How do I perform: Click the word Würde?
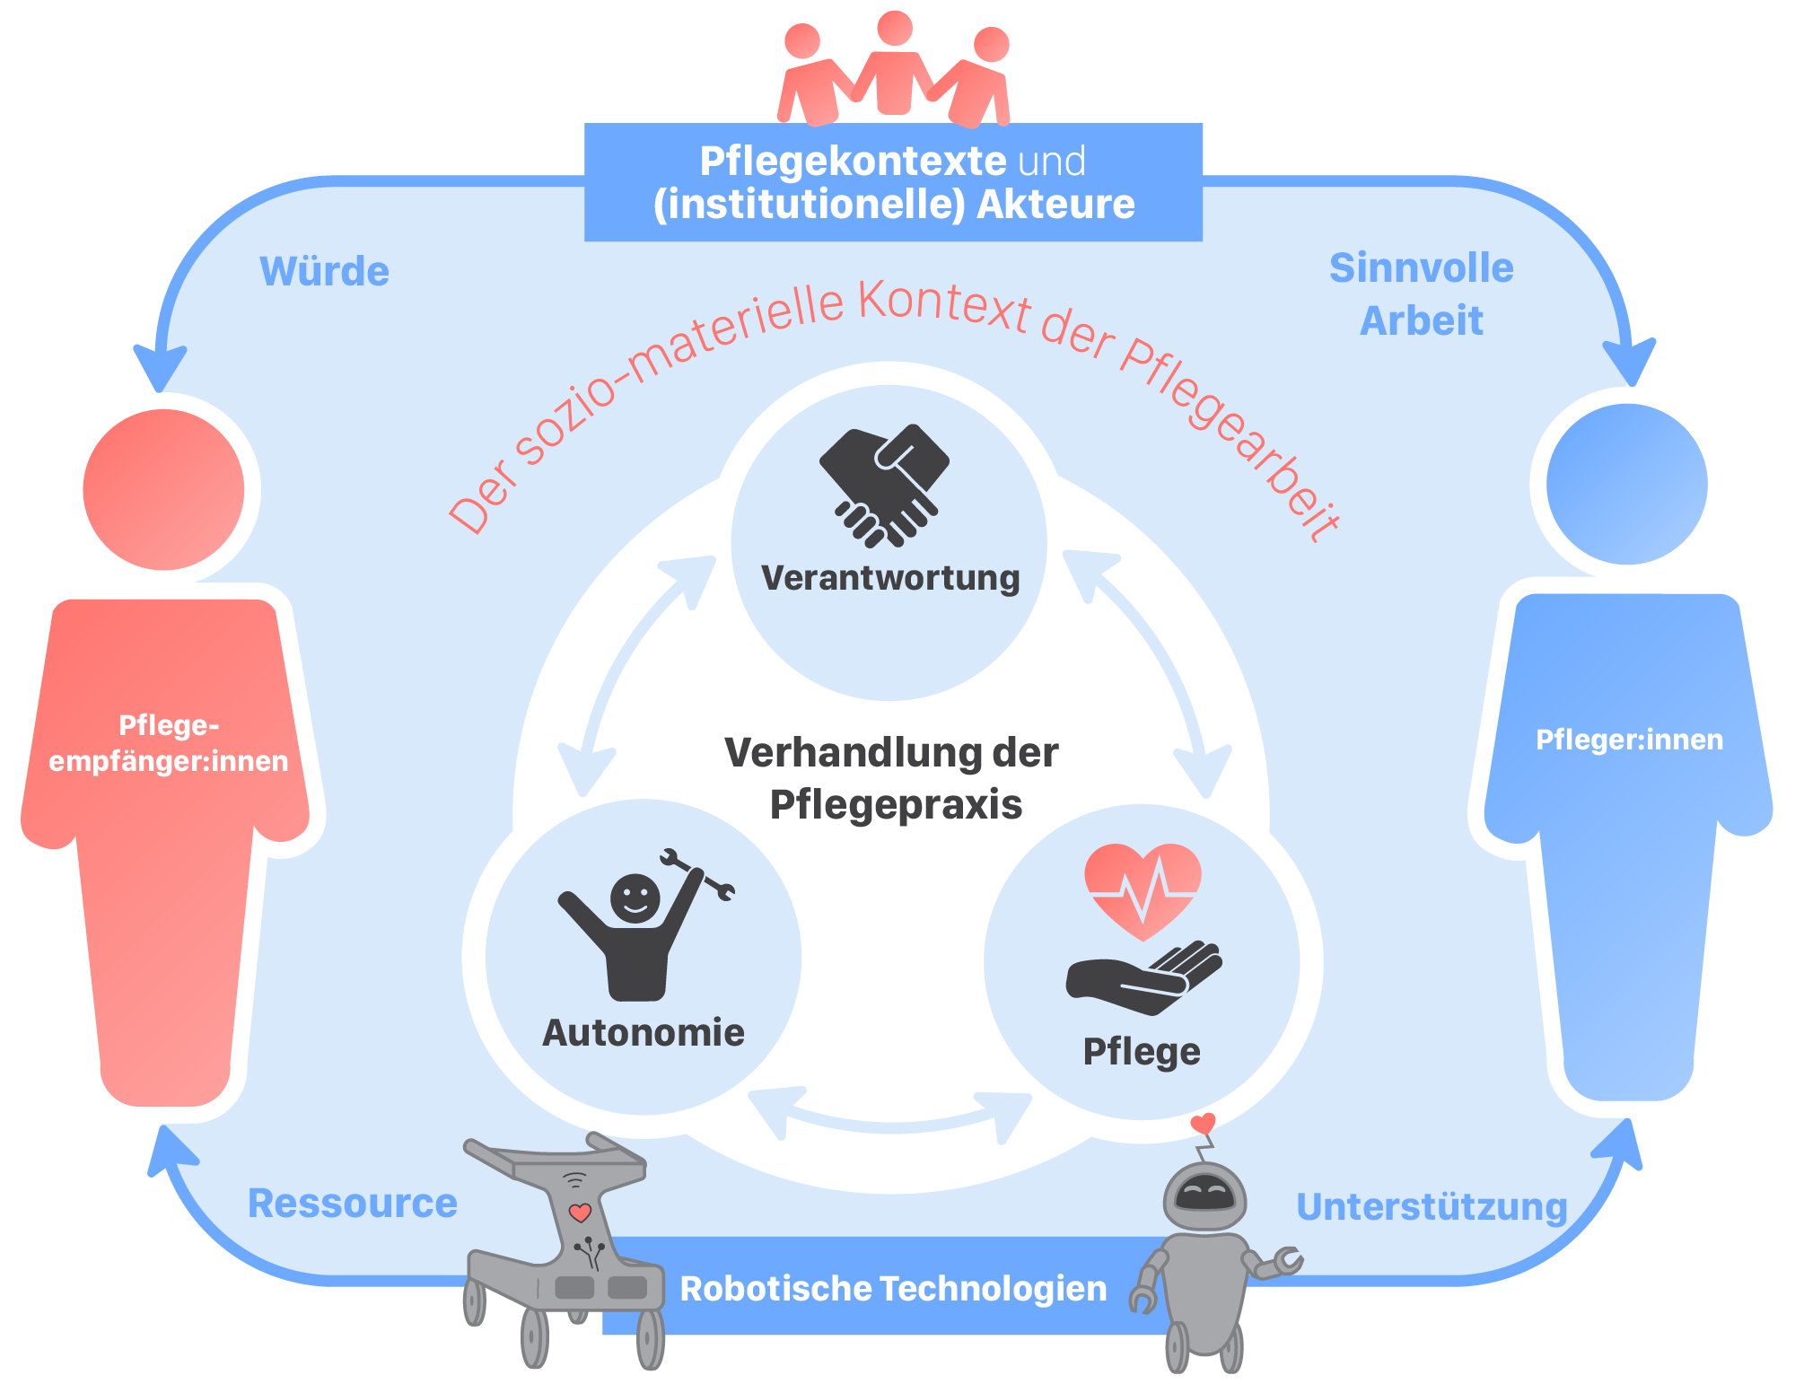(x=324, y=271)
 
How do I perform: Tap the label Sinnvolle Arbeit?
(x=1421, y=293)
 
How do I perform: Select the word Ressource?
(x=352, y=1203)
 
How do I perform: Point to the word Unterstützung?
(x=1432, y=1206)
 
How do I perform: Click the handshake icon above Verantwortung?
(x=884, y=486)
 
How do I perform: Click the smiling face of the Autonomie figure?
(x=635, y=898)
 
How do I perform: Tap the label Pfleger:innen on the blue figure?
(x=1629, y=740)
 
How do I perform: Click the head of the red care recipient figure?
(x=163, y=490)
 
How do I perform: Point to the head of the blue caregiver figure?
(x=1626, y=484)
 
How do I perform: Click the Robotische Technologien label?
(x=893, y=1288)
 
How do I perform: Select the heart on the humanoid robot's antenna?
(x=1203, y=1123)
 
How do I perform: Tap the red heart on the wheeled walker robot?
(x=580, y=1213)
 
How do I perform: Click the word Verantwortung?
(x=890, y=578)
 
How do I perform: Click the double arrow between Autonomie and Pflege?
(x=890, y=1117)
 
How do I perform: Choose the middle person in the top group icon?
(x=894, y=63)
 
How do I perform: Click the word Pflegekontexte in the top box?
(x=853, y=162)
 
